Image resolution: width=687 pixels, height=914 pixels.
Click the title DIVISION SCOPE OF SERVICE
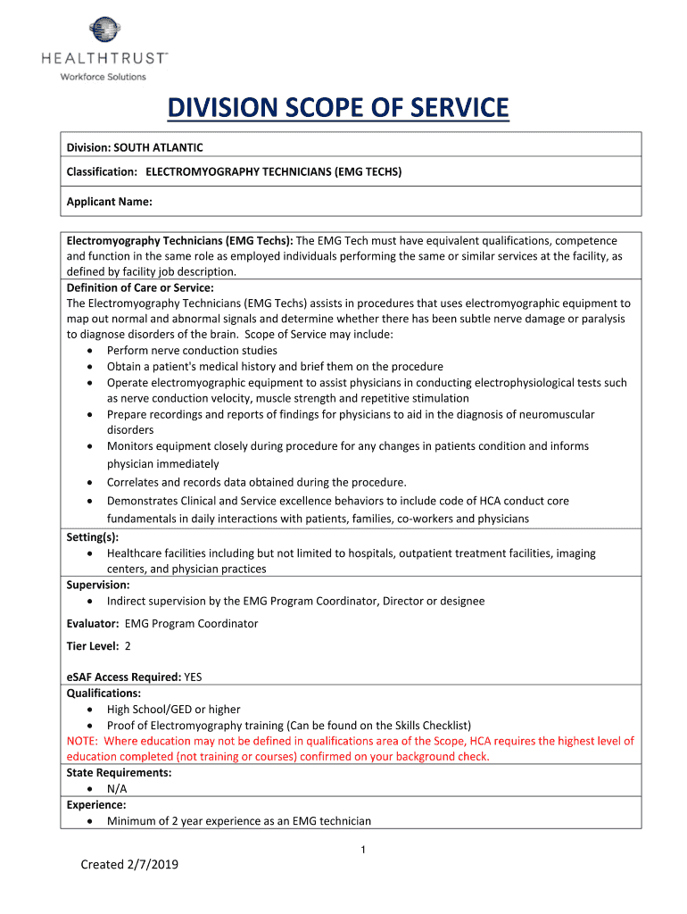[x=338, y=109]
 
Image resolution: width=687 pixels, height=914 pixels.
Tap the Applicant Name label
[x=109, y=202]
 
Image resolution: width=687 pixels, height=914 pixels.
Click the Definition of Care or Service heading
[x=140, y=287]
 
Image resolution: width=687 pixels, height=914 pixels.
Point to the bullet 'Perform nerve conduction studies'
[x=192, y=351]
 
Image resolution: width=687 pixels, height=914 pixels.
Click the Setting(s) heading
[x=93, y=537]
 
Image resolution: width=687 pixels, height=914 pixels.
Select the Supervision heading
[x=98, y=585]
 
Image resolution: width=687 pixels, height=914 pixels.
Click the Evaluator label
[x=93, y=623]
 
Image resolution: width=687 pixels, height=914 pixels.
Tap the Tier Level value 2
[x=128, y=646]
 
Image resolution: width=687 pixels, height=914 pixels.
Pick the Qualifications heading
[x=103, y=693]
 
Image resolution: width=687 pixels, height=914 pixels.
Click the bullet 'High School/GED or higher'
[x=173, y=710]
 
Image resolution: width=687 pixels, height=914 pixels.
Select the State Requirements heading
[x=119, y=773]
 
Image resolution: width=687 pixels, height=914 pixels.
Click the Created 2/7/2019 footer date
[x=129, y=864]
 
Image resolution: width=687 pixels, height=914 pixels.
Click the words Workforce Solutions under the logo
[x=103, y=77]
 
